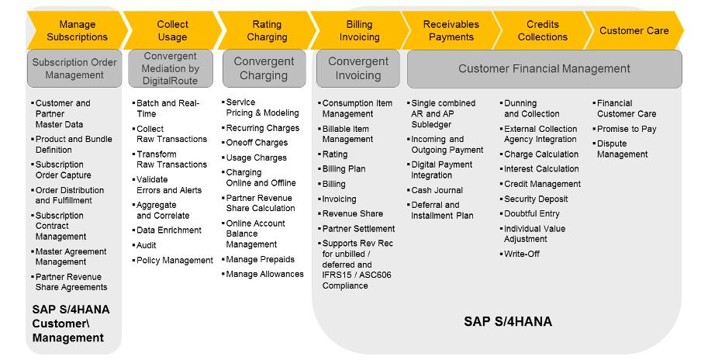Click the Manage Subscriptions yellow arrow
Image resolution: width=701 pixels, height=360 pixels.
point(78,30)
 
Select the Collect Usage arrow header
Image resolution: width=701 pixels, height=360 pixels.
point(173,30)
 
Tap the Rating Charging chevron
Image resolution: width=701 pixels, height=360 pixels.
point(267,30)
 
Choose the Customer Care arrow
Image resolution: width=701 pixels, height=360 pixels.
point(634,30)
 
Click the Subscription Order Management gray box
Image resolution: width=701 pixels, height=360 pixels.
point(74,68)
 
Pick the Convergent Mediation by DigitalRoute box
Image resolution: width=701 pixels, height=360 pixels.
point(171,68)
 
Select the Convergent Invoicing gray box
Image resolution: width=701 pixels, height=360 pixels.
point(358,68)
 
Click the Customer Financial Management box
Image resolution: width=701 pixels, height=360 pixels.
point(544,69)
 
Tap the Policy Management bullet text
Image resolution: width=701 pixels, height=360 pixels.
point(174,260)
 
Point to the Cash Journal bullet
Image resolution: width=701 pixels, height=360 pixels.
point(437,190)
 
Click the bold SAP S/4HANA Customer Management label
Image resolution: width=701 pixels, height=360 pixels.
point(71,324)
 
